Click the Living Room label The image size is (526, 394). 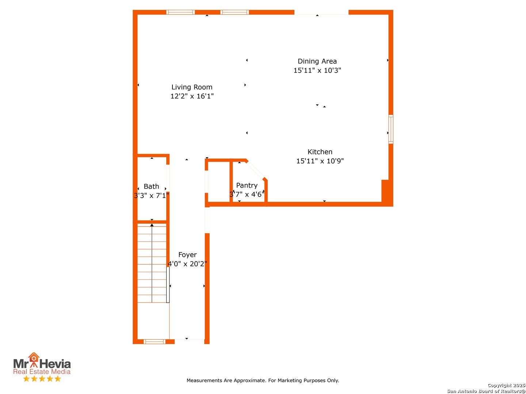click(x=192, y=87)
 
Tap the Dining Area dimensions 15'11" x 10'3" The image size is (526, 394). click(x=317, y=70)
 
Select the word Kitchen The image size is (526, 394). click(x=320, y=152)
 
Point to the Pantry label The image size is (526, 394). click(x=247, y=185)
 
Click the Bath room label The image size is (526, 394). click(x=151, y=186)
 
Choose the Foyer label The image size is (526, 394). click(x=187, y=255)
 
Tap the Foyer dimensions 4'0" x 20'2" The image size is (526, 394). click(x=187, y=264)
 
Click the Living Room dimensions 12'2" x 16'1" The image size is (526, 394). click(x=192, y=96)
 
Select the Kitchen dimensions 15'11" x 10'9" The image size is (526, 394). click(x=320, y=161)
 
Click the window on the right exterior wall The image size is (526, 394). click(x=390, y=129)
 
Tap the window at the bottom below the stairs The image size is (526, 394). click(x=154, y=341)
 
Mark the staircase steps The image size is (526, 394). click(x=152, y=263)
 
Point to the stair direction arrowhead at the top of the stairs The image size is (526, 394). click(x=152, y=225)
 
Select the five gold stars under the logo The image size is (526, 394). click(x=42, y=379)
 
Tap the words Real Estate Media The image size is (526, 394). click(x=42, y=371)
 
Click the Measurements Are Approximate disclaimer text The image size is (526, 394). click(x=263, y=381)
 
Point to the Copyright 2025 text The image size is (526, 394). click(x=506, y=385)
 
